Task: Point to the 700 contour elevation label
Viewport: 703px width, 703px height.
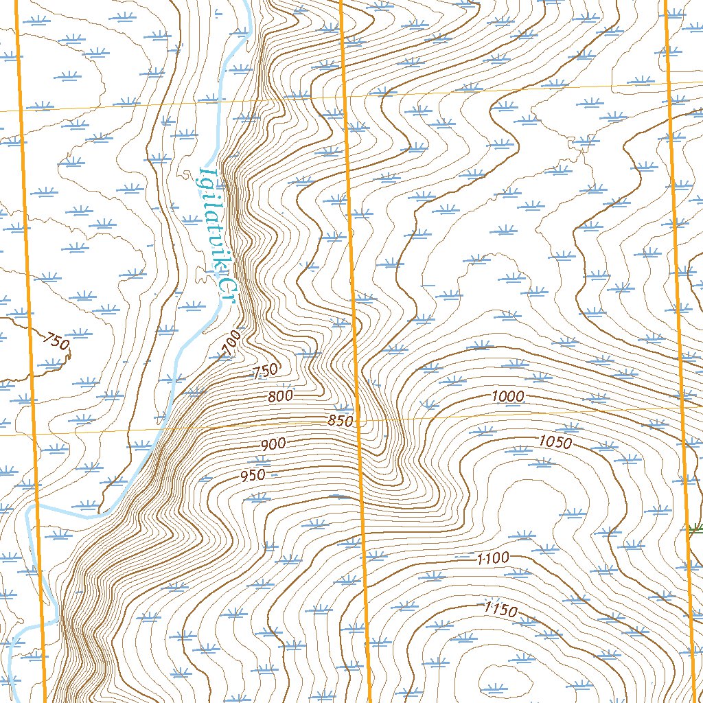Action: [232, 343]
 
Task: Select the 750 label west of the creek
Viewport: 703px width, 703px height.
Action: [56, 341]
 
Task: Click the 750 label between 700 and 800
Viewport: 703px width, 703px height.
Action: [265, 371]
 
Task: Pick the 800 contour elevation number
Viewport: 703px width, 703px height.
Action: [280, 396]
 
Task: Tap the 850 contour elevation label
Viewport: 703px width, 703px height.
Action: [340, 420]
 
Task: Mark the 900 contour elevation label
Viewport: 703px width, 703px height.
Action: [273, 444]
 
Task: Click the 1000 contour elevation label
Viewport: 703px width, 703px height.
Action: [508, 396]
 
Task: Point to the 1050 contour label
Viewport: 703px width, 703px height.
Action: [555, 443]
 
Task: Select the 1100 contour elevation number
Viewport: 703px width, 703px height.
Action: [493, 558]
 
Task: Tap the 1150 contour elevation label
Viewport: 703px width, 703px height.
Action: [500, 609]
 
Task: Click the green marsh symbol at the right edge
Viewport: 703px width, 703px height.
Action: [696, 528]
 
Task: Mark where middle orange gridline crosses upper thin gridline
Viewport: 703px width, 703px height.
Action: [345, 95]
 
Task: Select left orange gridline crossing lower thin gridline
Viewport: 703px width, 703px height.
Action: [34, 434]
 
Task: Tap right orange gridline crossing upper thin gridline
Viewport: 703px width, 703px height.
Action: [669, 83]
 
